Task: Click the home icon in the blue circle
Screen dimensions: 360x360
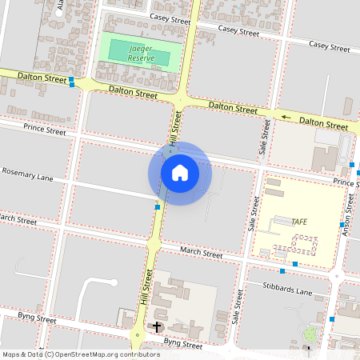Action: [x=180, y=172]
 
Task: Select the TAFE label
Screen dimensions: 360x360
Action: [x=299, y=221]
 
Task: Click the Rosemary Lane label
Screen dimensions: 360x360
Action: [x=26, y=175]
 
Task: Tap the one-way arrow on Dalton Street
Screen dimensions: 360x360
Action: [x=287, y=117]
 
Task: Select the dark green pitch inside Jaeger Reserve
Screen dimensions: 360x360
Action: [x=139, y=53]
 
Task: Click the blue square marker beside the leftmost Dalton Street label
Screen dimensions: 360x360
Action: [x=72, y=80]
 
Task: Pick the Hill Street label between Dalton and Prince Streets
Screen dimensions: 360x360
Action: [x=173, y=133]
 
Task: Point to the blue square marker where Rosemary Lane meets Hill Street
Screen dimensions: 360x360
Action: [x=158, y=207]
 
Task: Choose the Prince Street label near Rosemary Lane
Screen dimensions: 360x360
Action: [x=45, y=129]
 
